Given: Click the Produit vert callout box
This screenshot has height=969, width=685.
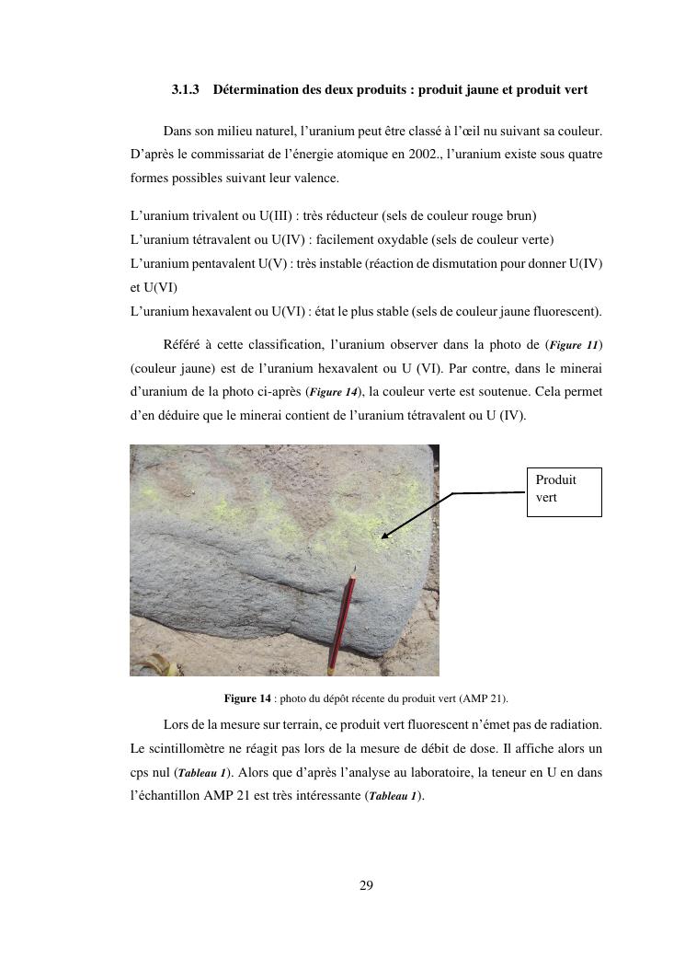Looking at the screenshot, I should (x=564, y=490).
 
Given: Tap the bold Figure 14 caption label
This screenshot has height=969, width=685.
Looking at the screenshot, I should (x=247, y=698).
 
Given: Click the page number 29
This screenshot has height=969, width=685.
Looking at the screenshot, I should (x=366, y=886).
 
